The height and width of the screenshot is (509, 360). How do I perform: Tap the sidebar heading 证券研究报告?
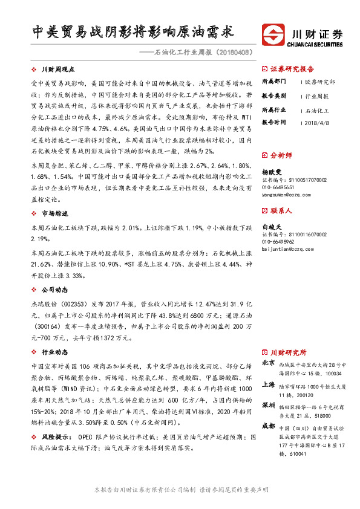pyautogui.click(x=292, y=68)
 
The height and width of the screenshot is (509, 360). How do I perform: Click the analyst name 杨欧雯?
pyautogui.click(x=271, y=172)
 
